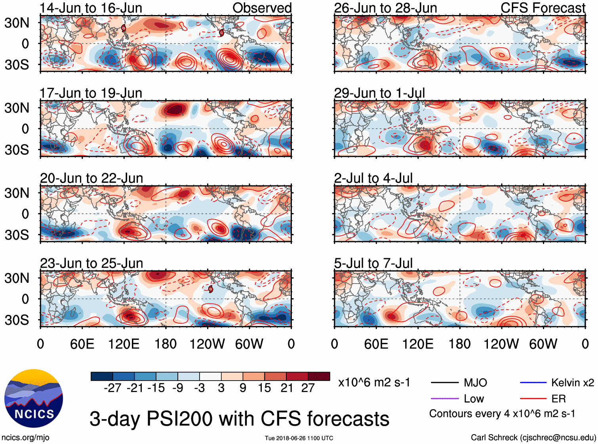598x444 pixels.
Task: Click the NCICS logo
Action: click(34, 398)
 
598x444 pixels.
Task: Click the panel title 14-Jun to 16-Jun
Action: click(91, 8)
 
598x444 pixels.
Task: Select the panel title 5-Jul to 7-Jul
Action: click(373, 263)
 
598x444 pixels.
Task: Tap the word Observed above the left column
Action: click(262, 8)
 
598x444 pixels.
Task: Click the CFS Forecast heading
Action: click(543, 8)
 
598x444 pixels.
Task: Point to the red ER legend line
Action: click(533, 398)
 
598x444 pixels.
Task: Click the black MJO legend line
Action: click(444, 383)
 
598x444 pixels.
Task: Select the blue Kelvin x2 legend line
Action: click(533, 383)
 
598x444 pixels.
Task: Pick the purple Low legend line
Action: click(444, 398)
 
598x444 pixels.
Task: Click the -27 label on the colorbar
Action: click(112, 388)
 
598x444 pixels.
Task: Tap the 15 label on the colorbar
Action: click(264, 388)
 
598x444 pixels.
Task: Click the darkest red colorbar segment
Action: click(319, 376)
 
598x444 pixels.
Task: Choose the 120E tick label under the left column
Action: click(124, 344)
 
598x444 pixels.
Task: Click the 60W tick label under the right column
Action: click(543, 344)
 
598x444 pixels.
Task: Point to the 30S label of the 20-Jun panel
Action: click(17, 234)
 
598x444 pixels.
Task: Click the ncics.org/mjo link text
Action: click(25, 437)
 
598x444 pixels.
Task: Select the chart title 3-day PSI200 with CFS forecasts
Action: click(239, 419)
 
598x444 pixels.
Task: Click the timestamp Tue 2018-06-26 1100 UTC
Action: click(299, 438)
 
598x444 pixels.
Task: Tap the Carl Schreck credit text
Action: click(533, 437)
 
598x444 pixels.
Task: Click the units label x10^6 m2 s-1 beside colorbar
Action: click(374, 383)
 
